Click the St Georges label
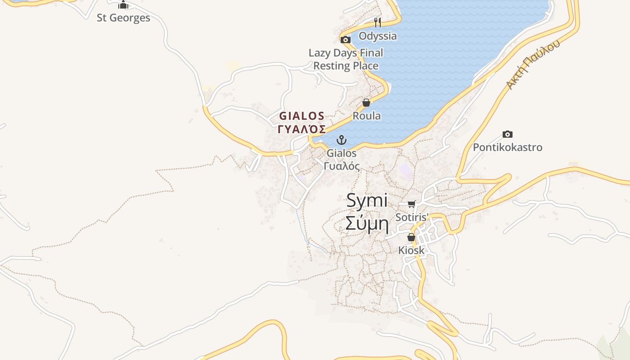click(x=123, y=18)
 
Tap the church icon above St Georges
click(x=123, y=5)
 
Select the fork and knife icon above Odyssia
click(x=378, y=22)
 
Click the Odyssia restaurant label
click(x=378, y=36)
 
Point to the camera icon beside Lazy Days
click(x=346, y=40)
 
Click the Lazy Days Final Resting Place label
click(x=346, y=59)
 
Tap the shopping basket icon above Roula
click(x=366, y=103)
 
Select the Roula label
click(x=366, y=116)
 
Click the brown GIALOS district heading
click(x=302, y=116)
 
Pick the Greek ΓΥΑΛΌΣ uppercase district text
click(x=302, y=129)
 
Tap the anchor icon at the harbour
click(x=342, y=140)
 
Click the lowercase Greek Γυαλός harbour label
click(x=342, y=166)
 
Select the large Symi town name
click(x=367, y=201)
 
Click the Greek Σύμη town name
click(x=367, y=223)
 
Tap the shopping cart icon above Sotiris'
click(x=411, y=204)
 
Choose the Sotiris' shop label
click(x=411, y=217)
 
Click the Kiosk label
click(x=411, y=250)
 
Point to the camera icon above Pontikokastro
click(x=508, y=134)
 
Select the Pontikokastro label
click(x=508, y=148)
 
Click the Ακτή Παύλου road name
click(x=533, y=64)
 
